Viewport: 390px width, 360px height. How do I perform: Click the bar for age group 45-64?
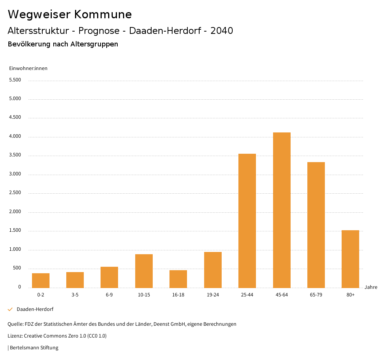pyautogui.click(x=281, y=210)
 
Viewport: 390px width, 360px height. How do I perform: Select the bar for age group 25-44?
pyautogui.click(x=247, y=221)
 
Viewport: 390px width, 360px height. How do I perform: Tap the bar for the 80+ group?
pyautogui.click(x=350, y=259)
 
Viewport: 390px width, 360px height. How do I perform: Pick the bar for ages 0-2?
pyautogui.click(x=41, y=280)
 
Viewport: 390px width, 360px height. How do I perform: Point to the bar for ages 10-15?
pyautogui.click(x=144, y=271)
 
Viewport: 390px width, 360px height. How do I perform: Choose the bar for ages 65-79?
pyautogui.click(x=316, y=225)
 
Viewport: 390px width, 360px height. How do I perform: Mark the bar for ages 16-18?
pyautogui.click(x=178, y=279)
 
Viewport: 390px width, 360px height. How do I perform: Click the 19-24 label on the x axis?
pyautogui.click(x=213, y=295)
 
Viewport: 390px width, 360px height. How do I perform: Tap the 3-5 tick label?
pyautogui.click(x=75, y=295)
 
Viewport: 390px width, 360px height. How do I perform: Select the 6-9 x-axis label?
pyautogui.click(x=109, y=295)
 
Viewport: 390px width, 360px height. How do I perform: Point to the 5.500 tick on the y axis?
pyautogui.click(x=15, y=80)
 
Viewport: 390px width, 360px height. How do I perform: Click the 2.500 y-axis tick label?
pyautogui.click(x=15, y=193)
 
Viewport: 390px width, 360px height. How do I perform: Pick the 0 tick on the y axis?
pyautogui.click(x=19, y=287)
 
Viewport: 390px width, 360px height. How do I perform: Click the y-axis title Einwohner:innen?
pyautogui.click(x=28, y=68)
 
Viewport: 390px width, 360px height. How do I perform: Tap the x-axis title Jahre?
pyautogui.click(x=371, y=287)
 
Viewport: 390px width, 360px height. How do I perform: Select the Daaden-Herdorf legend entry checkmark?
pyautogui.click(x=10, y=309)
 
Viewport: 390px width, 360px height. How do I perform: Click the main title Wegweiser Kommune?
pyautogui.click(x=70, y=14)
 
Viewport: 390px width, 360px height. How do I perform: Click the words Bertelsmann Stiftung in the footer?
pyautogui.click(x=34, y=347)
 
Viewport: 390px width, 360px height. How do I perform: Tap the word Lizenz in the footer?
pyautogui.click(x=15, y=336)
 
